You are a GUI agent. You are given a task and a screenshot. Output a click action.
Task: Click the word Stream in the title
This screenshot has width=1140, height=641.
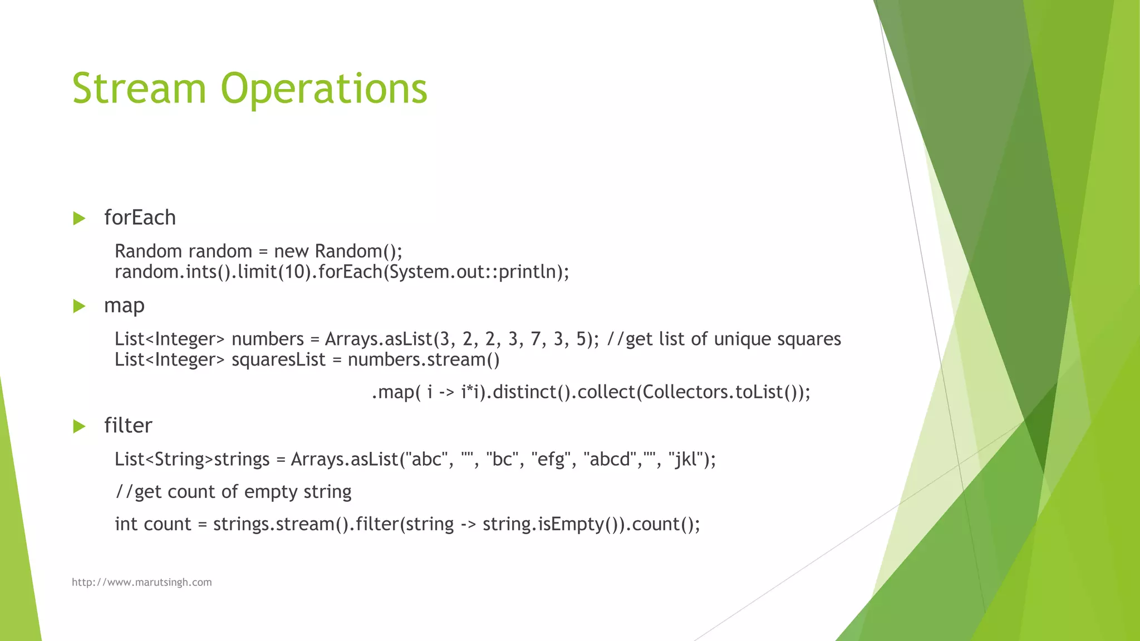pyautogui.click(x=139, y=89)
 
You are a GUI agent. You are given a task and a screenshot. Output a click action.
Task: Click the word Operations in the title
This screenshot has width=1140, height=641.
pyautogui.click(x=324, y=89)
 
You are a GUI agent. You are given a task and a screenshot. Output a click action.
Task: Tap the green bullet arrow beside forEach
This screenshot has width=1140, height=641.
pyautogui.click(x=79, y=218)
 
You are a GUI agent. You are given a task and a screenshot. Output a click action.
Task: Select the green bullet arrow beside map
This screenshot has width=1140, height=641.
pyautogui.click(x=79, y=306)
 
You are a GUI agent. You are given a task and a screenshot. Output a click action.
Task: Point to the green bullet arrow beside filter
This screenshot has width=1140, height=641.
pyautogui.click(x=79, y=427)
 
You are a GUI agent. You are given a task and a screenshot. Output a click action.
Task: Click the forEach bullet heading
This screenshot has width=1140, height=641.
pyautogui.click(x=140, y=218)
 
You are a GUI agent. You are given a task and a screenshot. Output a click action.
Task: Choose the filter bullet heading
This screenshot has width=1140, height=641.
pyautogui.click(x=128, y=426)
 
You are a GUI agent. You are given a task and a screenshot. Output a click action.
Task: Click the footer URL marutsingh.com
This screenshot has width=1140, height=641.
pyautogui.click(x=141, y=582)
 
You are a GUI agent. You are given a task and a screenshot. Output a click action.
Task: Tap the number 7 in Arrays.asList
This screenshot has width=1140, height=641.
pyautogui.click(x=535, y=339)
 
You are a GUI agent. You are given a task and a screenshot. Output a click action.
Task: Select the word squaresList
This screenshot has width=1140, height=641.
pyautogui.click(x=278, y=360)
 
